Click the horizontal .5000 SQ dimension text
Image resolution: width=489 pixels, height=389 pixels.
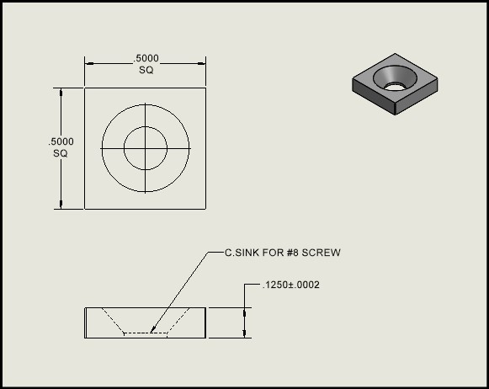coord(146,64)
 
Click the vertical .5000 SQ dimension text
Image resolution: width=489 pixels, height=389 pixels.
coord(61,147)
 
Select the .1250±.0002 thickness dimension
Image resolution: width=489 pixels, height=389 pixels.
coord(291,285)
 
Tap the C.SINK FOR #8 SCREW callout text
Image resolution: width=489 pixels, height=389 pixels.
coord(281,253)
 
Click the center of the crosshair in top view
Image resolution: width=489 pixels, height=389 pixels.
coord(146,148)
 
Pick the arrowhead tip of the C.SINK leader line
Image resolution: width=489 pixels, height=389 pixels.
coord(151,331)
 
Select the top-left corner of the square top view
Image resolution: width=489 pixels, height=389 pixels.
coord(84,87)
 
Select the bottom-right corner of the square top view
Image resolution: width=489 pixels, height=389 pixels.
coord(207,209)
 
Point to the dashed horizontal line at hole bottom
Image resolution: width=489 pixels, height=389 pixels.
coord(146,333)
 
